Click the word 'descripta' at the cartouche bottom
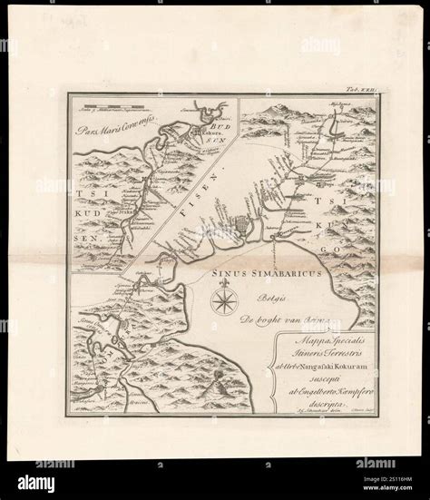tap(325, 413)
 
